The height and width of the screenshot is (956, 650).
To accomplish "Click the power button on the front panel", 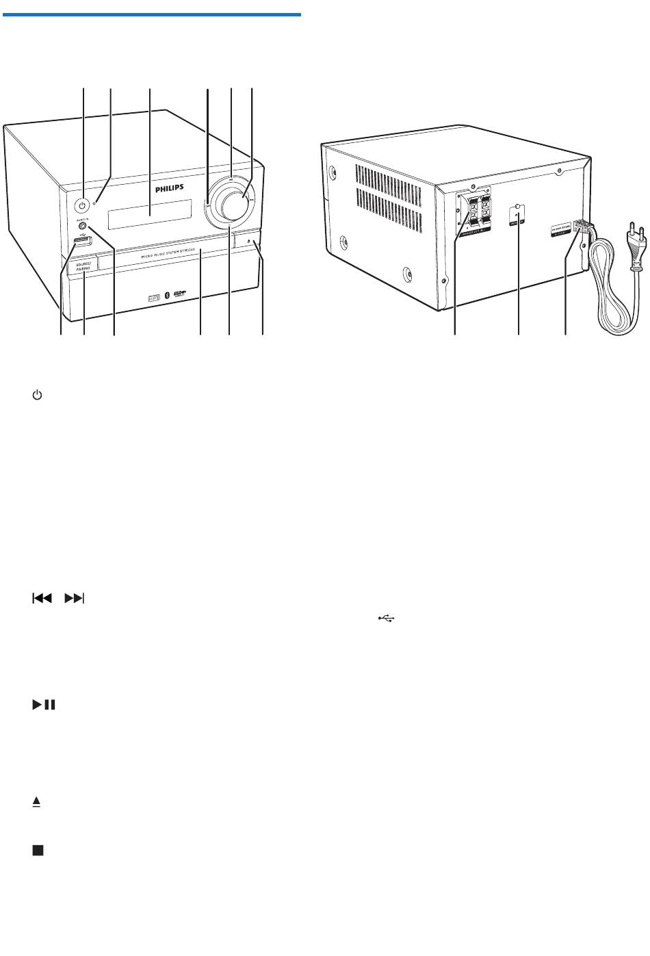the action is point(83,204).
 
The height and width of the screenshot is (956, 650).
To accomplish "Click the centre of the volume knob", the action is point(229,203).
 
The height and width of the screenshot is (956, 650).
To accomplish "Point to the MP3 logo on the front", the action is point(154,279).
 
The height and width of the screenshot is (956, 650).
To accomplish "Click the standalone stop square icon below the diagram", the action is point(38,850).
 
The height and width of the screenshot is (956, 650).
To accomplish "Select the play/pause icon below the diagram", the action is point(42,704).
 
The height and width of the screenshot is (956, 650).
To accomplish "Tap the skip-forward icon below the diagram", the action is point(74,599).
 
